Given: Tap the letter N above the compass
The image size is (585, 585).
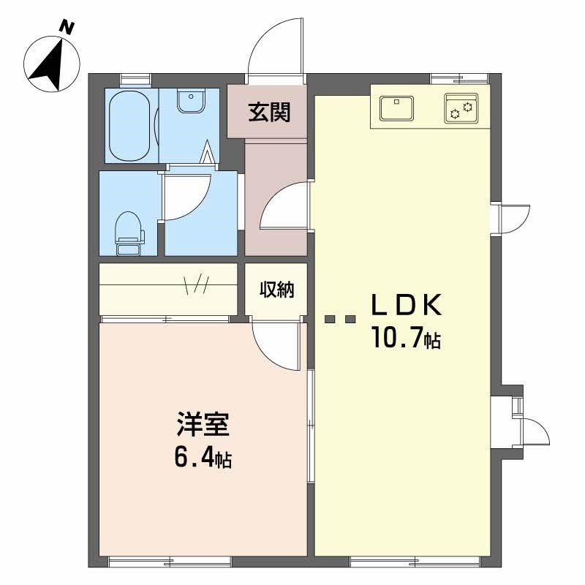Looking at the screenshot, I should tap(67, 29).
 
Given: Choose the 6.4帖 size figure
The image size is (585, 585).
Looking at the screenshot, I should tap(203, 458).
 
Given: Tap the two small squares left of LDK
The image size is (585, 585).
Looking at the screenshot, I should tap(340, 319).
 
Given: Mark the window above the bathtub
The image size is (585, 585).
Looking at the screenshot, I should tap(135, 77).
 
